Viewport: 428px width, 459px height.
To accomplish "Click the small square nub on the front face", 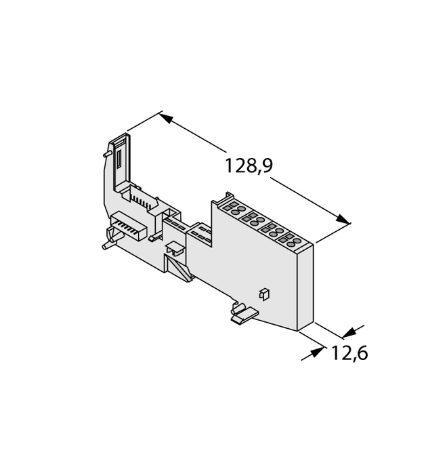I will click(x=264, y=293).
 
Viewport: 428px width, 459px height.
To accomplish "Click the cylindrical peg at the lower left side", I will click(x=108, y=238).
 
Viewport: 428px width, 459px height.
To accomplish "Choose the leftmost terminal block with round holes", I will click(x=234, y=207).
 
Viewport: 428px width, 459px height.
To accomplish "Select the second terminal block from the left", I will click(x=254, y=218).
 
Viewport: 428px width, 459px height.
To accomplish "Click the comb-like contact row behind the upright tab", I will click(x=141, y=199).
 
